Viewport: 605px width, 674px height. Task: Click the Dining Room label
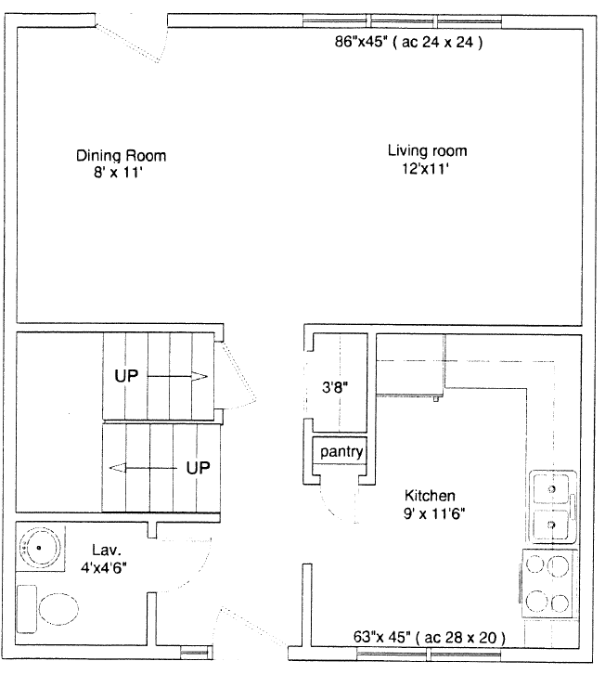121,155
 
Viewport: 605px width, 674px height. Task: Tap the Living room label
427,151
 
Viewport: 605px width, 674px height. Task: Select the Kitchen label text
430,496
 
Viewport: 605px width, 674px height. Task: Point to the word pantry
341,452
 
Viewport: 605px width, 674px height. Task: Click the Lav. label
107,550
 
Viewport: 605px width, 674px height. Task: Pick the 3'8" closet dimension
335,387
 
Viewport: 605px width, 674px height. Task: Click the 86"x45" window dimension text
361,42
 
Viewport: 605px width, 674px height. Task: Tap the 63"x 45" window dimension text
381,637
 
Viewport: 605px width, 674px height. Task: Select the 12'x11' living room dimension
425,169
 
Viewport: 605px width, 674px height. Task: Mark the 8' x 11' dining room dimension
118,173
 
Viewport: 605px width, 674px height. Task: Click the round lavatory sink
39,548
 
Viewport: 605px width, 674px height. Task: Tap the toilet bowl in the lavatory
58,609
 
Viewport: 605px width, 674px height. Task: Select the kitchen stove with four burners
548,584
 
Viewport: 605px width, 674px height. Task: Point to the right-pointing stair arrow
177,377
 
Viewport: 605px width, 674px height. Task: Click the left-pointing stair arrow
143,468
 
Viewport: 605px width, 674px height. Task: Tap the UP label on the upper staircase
126,376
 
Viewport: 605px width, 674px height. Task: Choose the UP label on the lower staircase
198,468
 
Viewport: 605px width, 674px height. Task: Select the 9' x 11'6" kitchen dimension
434,513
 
